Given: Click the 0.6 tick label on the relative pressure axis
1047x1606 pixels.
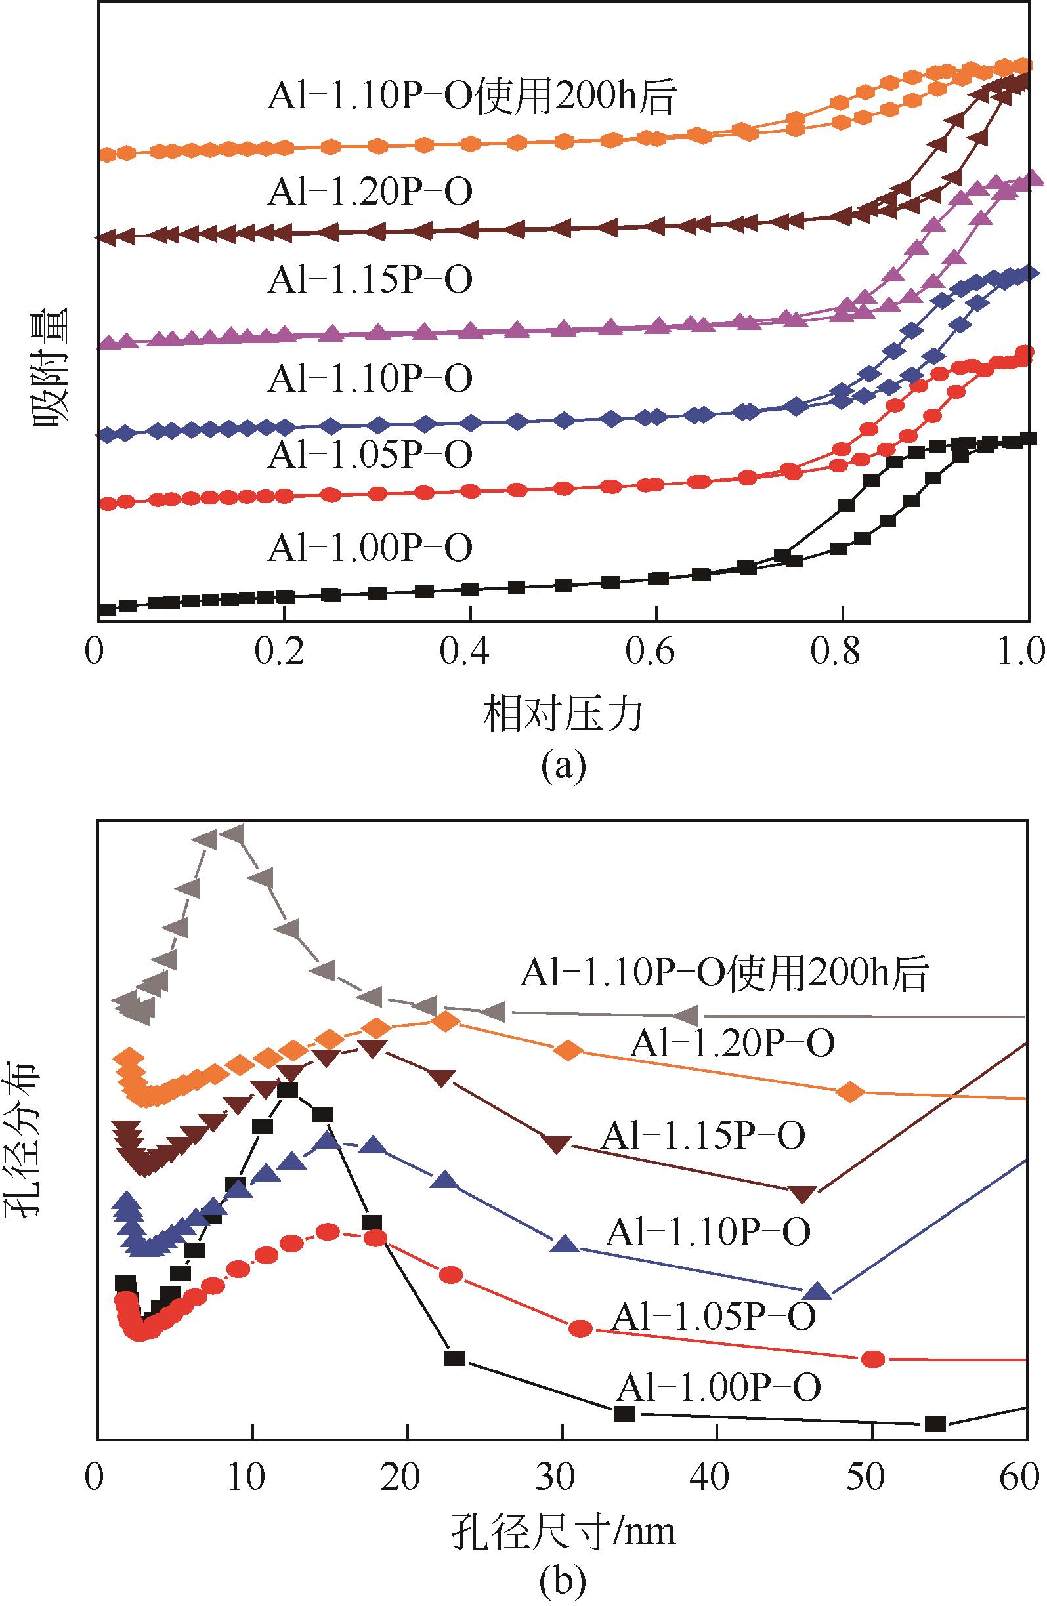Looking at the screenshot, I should [x=655, y=653].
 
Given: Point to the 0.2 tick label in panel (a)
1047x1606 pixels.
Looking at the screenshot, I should [x=283, y=653].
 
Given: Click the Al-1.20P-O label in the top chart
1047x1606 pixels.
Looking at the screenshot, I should [x=370, y=192].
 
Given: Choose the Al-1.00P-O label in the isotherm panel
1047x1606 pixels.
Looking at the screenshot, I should [x=370, y=547].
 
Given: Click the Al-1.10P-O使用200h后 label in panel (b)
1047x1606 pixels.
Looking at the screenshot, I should [x=725, y=972].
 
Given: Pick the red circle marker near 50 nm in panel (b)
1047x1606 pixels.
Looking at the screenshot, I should [x=873, y=1359].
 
